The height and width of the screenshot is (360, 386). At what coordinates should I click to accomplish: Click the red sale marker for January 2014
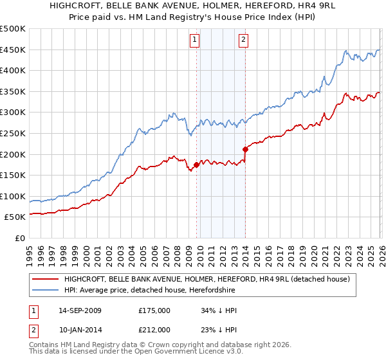(x=245, y=149)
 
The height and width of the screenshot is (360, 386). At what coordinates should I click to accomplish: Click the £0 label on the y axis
(x=20, y=239)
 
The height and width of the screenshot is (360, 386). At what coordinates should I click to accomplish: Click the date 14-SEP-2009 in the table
(x=80, y=310)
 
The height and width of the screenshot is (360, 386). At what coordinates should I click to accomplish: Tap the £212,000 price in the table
(x=154, y=330)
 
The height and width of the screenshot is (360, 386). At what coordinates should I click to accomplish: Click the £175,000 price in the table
(x=154, y=310)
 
